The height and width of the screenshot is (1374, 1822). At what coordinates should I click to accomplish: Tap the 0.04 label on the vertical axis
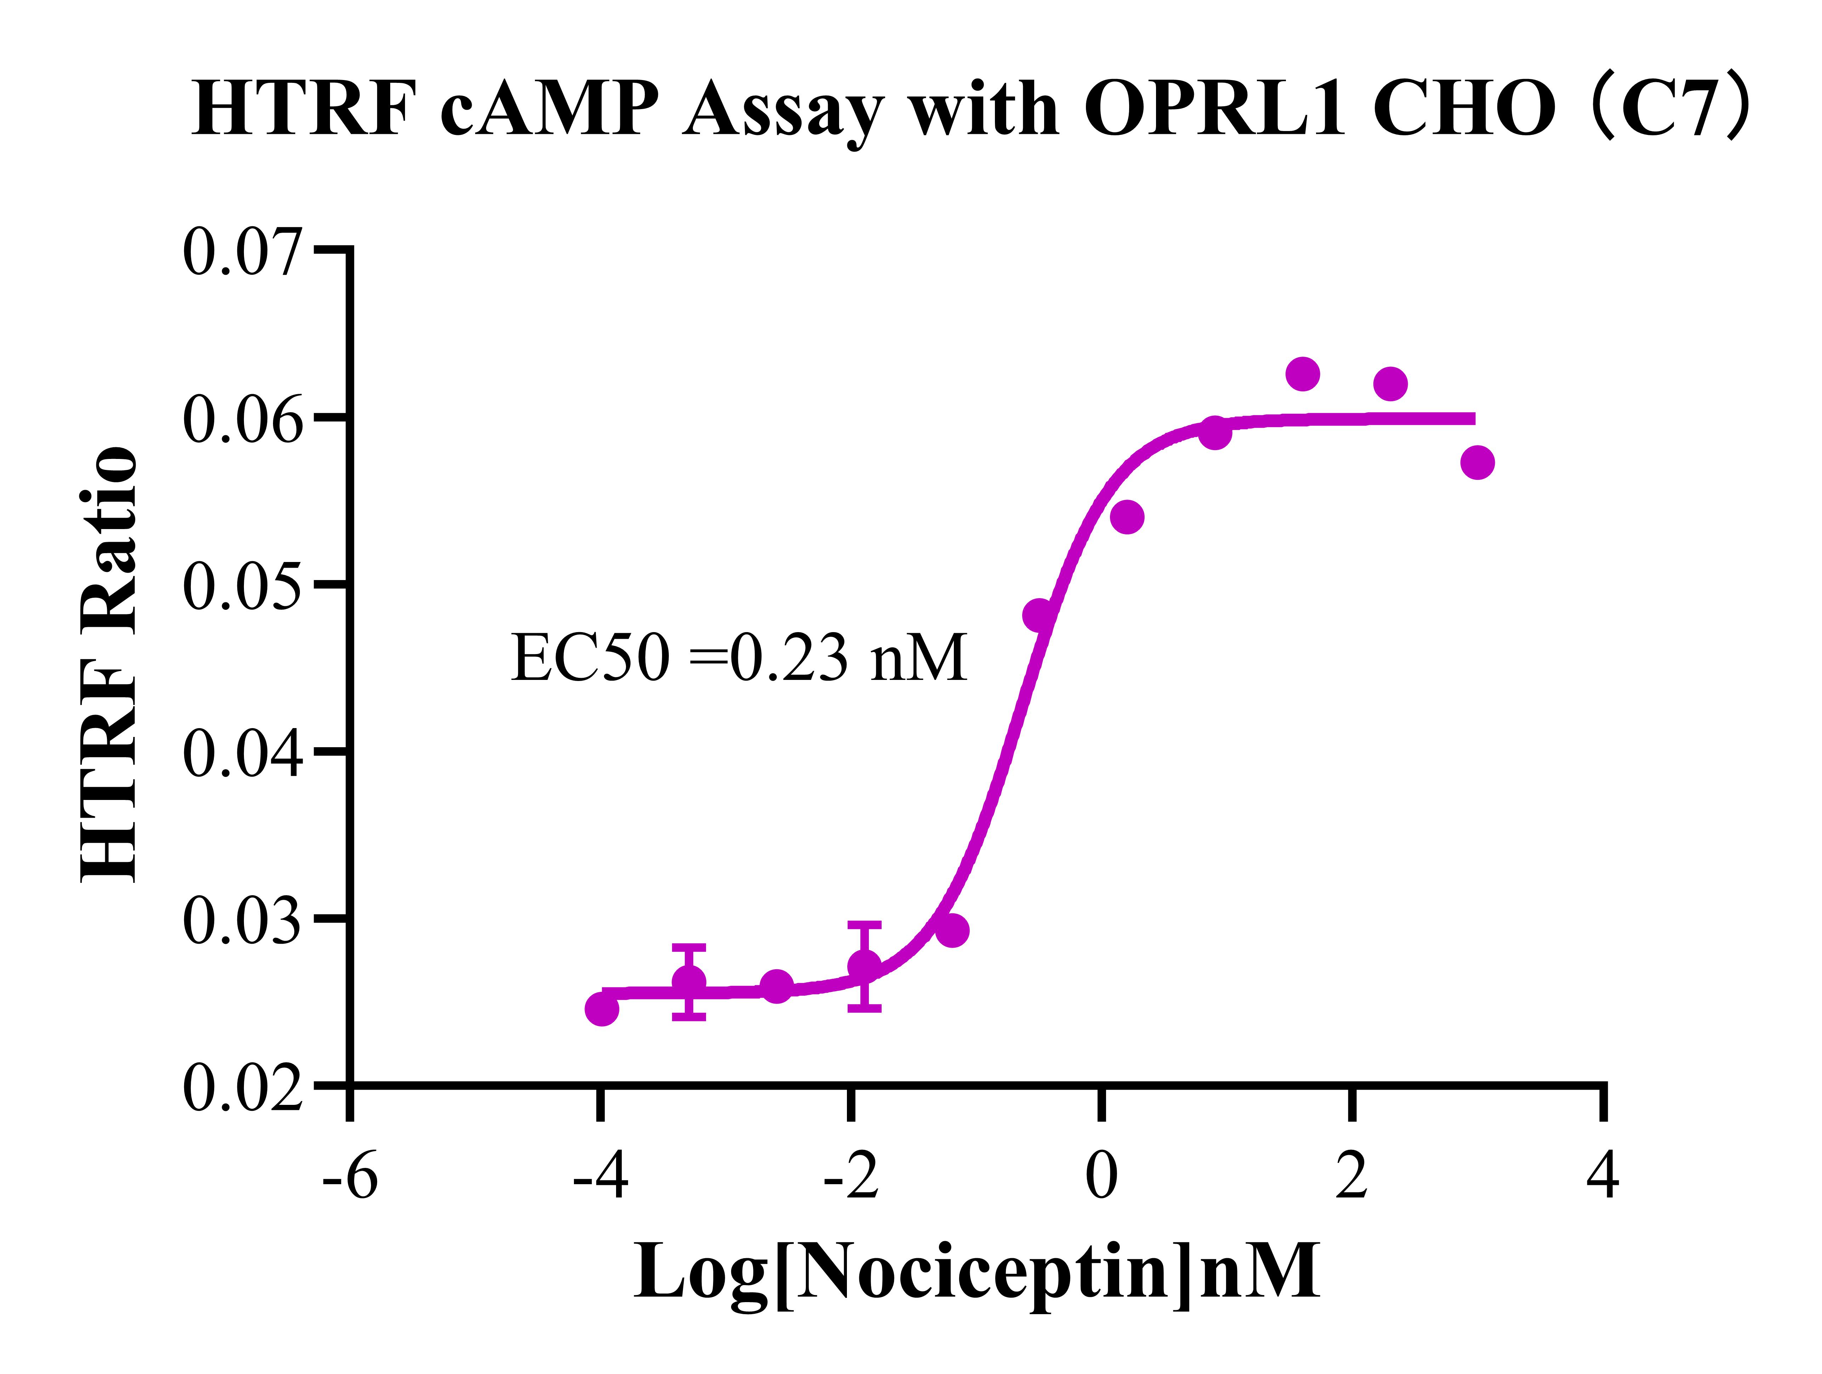(241, 754)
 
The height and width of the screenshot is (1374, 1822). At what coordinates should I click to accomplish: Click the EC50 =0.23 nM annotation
(739, 659)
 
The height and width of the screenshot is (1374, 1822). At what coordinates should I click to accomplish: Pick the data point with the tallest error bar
(864, 965)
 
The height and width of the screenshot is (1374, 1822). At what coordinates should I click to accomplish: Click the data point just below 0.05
(1040, 614)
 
